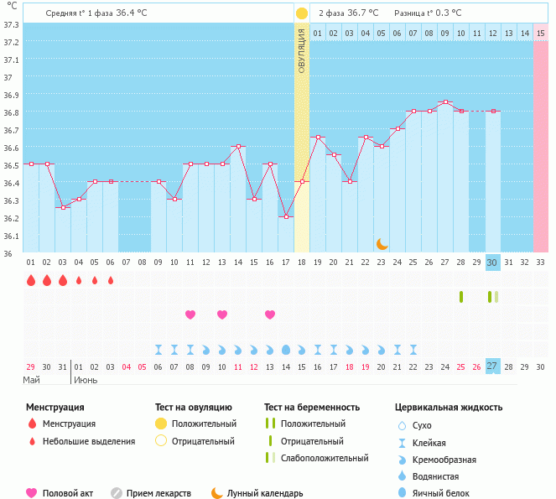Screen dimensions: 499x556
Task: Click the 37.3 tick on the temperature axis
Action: coord(11,24)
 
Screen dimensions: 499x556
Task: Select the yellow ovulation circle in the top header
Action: coord(302,13)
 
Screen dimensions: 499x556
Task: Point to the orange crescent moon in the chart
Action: coord(382,243)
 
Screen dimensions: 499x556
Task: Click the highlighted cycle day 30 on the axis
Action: coord(493,262)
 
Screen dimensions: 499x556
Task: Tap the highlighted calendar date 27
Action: coord(493,366)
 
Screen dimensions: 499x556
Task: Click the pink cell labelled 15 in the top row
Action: coord(541,33)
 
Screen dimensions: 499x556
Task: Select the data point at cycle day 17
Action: coord(286,216)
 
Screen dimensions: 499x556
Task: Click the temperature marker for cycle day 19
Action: coord(318,138)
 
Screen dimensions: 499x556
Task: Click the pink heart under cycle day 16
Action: coord(270,314)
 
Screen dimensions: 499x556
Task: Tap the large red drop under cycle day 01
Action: coord(31,280)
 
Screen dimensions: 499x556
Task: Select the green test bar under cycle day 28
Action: coord(461,297)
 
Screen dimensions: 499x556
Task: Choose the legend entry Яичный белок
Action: coord(448,493)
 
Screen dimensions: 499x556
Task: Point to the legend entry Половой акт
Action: coord(66,493)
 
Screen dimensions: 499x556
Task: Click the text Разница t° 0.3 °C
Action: coord(428,13)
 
